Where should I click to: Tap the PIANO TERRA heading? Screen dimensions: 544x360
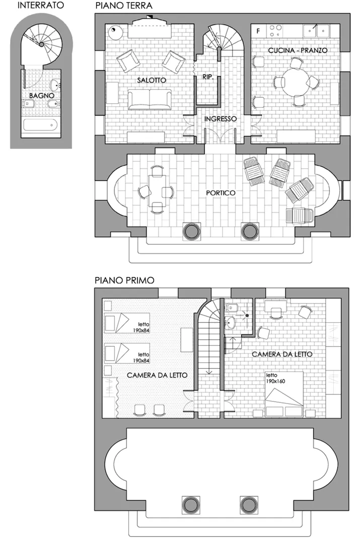click(123, 6)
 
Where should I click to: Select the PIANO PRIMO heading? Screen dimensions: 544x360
click(124, 280)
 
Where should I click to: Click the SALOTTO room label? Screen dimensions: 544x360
click(151, 80)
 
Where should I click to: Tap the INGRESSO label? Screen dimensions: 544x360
click(220, 119)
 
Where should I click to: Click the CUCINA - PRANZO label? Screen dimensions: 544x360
click(298, 50)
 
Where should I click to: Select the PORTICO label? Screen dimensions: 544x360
click(221, 193)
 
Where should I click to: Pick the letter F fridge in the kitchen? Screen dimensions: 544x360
click(258, 31)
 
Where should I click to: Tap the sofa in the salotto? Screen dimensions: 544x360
click(150, 99)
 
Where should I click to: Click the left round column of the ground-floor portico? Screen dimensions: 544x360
click(191, 231)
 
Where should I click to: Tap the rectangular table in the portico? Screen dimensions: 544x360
click(156, 191)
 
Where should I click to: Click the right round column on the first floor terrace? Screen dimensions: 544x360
click(248, 504)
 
